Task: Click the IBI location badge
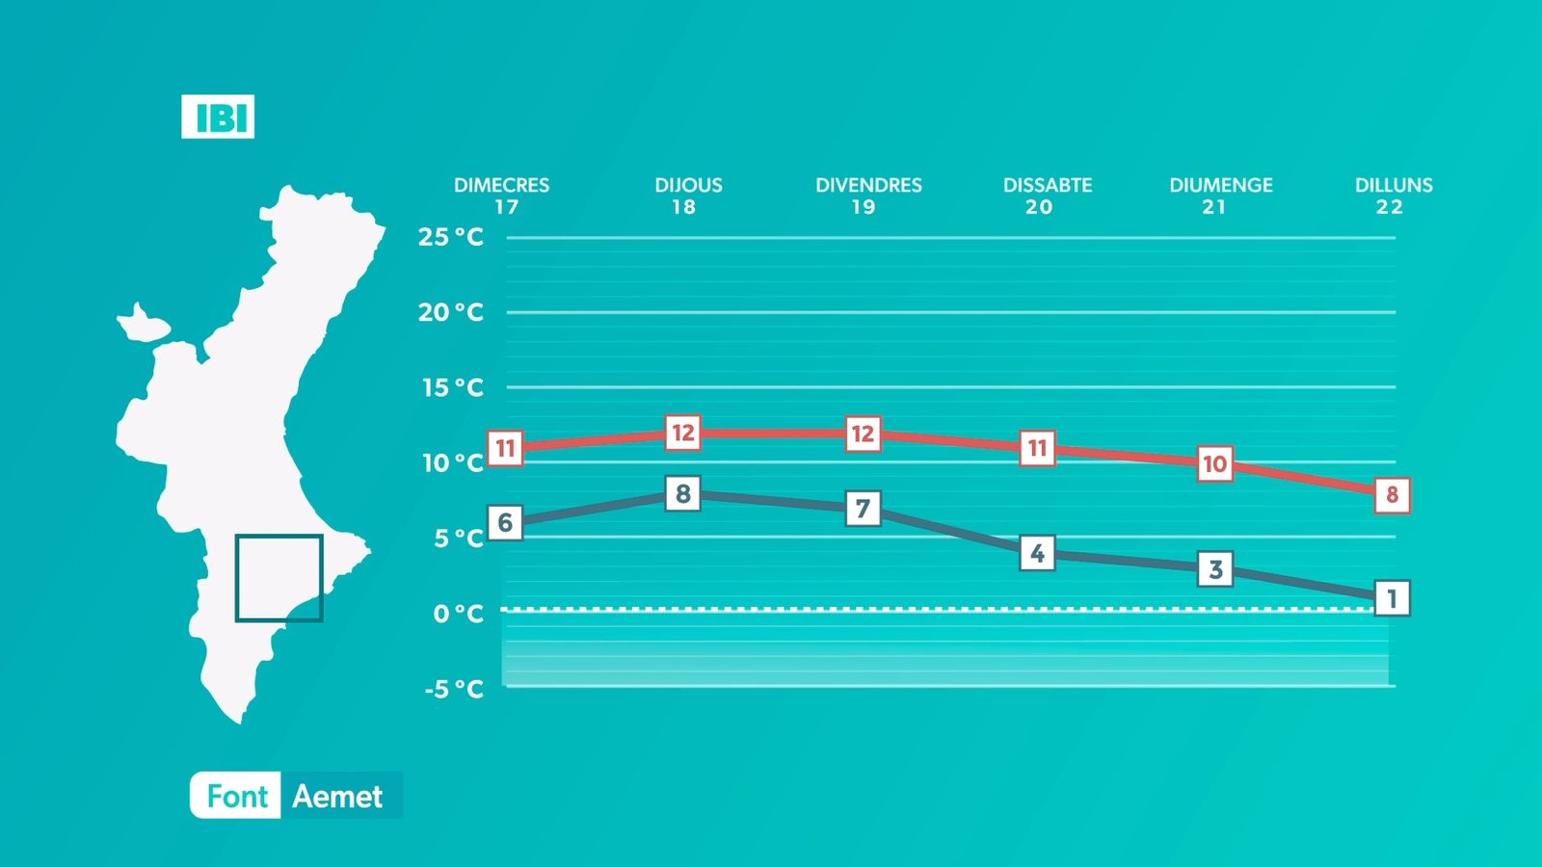coord(218,117)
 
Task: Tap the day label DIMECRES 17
coord(502,197)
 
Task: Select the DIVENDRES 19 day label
coord(868,197)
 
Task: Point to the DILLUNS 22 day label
coord(1394,197)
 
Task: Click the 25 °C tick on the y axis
coord(451,237)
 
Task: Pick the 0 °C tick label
coord(459,613)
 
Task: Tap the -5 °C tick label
coord(454,689)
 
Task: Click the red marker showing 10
coord(1215,463)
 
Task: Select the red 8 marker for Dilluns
coord(1392,495)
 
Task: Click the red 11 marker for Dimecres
coord(505,449)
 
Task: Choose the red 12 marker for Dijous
coord(683,433)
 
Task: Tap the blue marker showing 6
coord(505,523)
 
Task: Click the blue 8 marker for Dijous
coord(683,493)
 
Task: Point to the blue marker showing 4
coord(1037,553)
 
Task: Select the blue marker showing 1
coord(1392,598)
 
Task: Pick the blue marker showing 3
coord(1215,569)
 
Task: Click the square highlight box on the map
coord(236,578)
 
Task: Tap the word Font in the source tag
coord(237,796)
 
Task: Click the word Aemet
coord(337,796)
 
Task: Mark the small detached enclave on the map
coord(144,325)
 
